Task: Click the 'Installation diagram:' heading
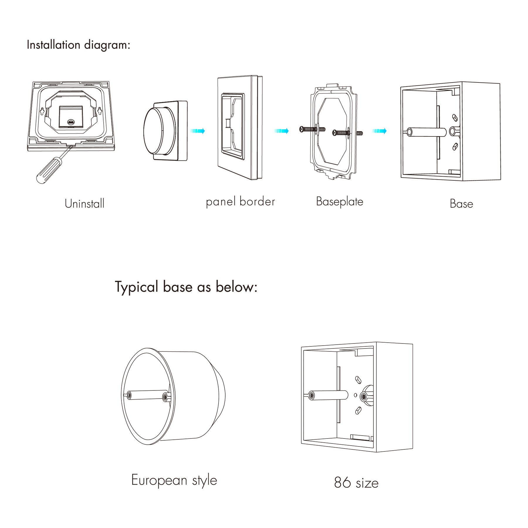tap(78, 45)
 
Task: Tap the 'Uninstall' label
tap(84, 204)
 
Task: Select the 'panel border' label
tap(241, 202)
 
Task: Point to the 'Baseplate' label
tap(340, 202)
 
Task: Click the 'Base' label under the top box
tap(461, 204)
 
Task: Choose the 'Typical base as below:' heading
tap(186, 287)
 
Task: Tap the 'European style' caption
tap(174, 480)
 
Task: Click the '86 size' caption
tap(356, 483)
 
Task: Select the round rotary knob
tap(160, 131)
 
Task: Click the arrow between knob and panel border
tap(197, 131)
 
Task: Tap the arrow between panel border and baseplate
tap(282, 131)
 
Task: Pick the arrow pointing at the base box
tap(379, 131)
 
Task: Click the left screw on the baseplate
tap(312, 129)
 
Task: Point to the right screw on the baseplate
tap(347, 133)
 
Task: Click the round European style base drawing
tap(173, 396)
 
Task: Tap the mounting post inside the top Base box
tap(426, 132)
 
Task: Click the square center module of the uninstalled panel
tap(71, 117)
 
